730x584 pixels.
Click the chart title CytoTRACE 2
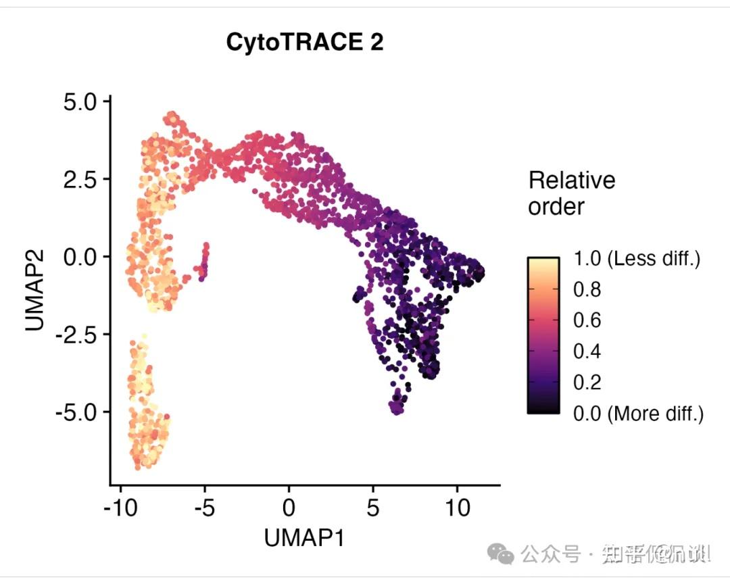coord(305,43)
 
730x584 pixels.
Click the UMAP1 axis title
coord(305,538)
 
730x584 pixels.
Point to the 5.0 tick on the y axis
coord(82,102)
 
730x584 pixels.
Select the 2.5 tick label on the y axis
coord(82,179)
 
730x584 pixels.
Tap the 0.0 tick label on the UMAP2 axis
coord(82,257)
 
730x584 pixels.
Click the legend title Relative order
coord(571,193)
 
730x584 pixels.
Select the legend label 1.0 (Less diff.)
coord(636,258)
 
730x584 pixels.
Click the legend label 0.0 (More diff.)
coord(638,413)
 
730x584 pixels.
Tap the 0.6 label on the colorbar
coord(587,320)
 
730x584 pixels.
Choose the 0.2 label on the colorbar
coord(587,382)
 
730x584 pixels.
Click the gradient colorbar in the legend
coord(543,335)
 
